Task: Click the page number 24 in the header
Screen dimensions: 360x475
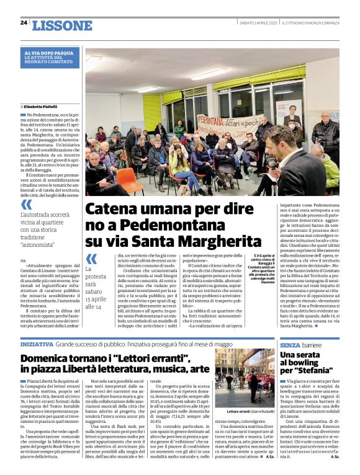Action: pyautogui.click(x=24, y=22)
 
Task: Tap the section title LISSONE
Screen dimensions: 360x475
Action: pyautogui.click(x=61, y=25)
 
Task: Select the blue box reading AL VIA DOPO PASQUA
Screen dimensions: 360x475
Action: pyautogui.click(x=50, y=58)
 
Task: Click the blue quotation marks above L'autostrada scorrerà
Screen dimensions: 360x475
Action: pyautogui.click(x=26, y=204)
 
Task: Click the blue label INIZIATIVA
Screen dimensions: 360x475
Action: pyautogui.click(x=37, y=344)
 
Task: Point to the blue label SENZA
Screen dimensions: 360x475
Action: pyautogui.click(x=290, y=344)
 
